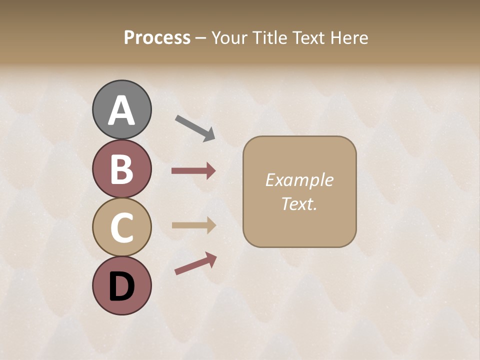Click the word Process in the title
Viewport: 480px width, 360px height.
(x=157, y=38)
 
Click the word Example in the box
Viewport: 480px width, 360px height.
(x=299, y=180)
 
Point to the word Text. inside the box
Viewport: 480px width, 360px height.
(x=299, y=204)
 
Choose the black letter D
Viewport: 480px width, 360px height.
(x=121, y=286)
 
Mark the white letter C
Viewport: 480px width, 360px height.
(x=121, y=227)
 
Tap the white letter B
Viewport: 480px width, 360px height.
(x=121, y=169)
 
